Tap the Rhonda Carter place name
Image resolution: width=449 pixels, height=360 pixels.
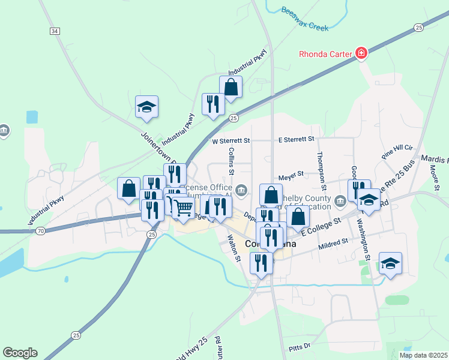(325, 54)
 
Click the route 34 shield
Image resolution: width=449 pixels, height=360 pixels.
(55, 31)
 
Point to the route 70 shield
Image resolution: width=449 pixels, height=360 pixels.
(40, 230)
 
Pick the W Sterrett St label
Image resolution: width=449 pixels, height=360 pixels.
(231, 140)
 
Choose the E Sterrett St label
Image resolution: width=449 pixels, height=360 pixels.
(297, 139)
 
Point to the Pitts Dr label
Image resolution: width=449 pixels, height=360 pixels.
(299, 346)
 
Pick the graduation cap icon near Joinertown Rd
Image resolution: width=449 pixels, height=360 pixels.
(146, 107)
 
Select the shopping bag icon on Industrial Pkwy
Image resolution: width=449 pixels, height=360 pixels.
(231, 87)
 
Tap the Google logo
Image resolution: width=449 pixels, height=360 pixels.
(20, 353)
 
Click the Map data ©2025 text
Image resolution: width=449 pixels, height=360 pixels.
(423, 355)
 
